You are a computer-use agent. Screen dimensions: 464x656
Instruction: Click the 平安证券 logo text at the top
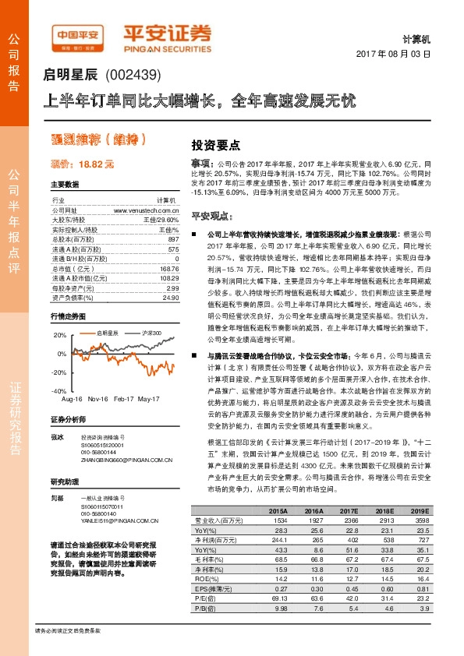coord(169,33)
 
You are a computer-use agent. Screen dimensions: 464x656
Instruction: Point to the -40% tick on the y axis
coord(58,391)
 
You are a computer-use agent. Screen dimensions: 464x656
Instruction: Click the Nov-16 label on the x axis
coord(98,399)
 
